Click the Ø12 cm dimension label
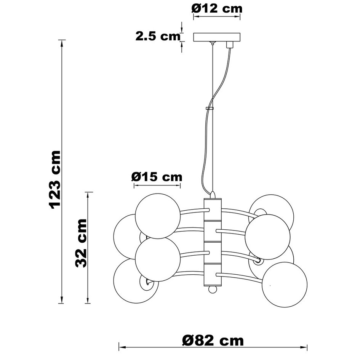[x=217, y=8]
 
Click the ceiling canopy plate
[x=217, y=37]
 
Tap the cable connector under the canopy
[x=229, y=45]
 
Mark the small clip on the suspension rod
[x=210, y=109]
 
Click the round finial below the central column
[x=213, y=290]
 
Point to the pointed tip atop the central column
[x=213, y=194]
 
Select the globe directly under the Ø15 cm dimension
[x=157, y=216]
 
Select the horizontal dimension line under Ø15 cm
[x=157, y=186]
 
